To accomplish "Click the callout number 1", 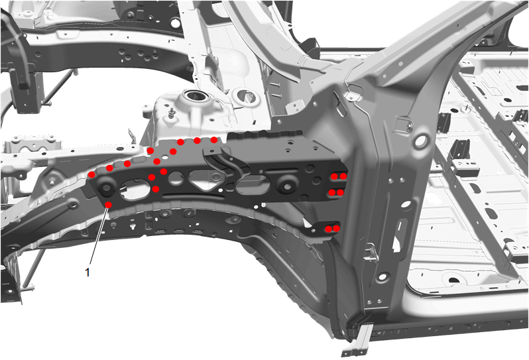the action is click(88, 272).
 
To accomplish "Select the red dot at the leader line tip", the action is click(109, 205).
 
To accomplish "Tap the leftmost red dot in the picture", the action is click(91, 174).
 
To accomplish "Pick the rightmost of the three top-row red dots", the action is click(214, 140).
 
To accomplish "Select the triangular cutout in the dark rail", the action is click(202, 178).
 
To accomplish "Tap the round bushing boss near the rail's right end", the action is click(286, 183).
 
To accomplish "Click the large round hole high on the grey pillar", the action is click(421, 141).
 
